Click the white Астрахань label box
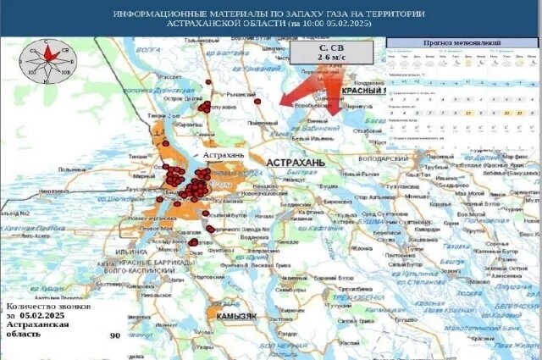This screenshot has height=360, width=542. pyautogui.click(x=224, y=156)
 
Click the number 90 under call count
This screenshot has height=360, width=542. pyautogui.click(x=115, y=336)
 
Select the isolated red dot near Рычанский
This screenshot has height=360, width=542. pyautogui.click(x=257, y=101)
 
